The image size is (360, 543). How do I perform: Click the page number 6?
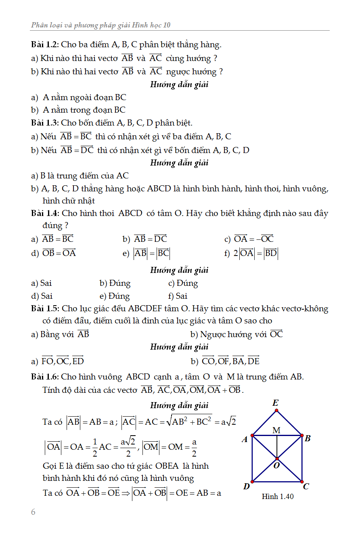tap(33, 512)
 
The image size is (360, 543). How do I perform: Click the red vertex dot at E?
tap(276, 411)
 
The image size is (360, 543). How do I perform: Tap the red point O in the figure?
tap(277, 459)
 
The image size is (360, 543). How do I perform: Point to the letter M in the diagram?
tap(276, 430)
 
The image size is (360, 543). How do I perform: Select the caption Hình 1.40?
tap(278, 496)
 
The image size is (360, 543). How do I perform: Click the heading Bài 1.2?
tap(45, 44)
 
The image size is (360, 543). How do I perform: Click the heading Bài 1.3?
tap(45, 123)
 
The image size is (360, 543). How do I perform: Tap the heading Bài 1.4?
tap(45, 213)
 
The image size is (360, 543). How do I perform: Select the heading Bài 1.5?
tap(45, 309)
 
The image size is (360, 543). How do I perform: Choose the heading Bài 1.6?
tap(45, 377)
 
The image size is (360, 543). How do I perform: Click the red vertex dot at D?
tap(252, 482)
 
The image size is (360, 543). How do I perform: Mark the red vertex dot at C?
tap(301, 482)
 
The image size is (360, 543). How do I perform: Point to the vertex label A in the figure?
tap(245, 440)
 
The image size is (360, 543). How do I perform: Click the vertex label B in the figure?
tap(308, 438)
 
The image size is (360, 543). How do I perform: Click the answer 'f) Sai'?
tap(178, 296)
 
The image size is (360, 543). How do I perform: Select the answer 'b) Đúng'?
tap(115, 283)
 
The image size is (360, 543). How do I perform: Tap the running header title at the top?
tap(101, 25)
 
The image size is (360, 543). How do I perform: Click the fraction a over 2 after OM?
tap(194, 447)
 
